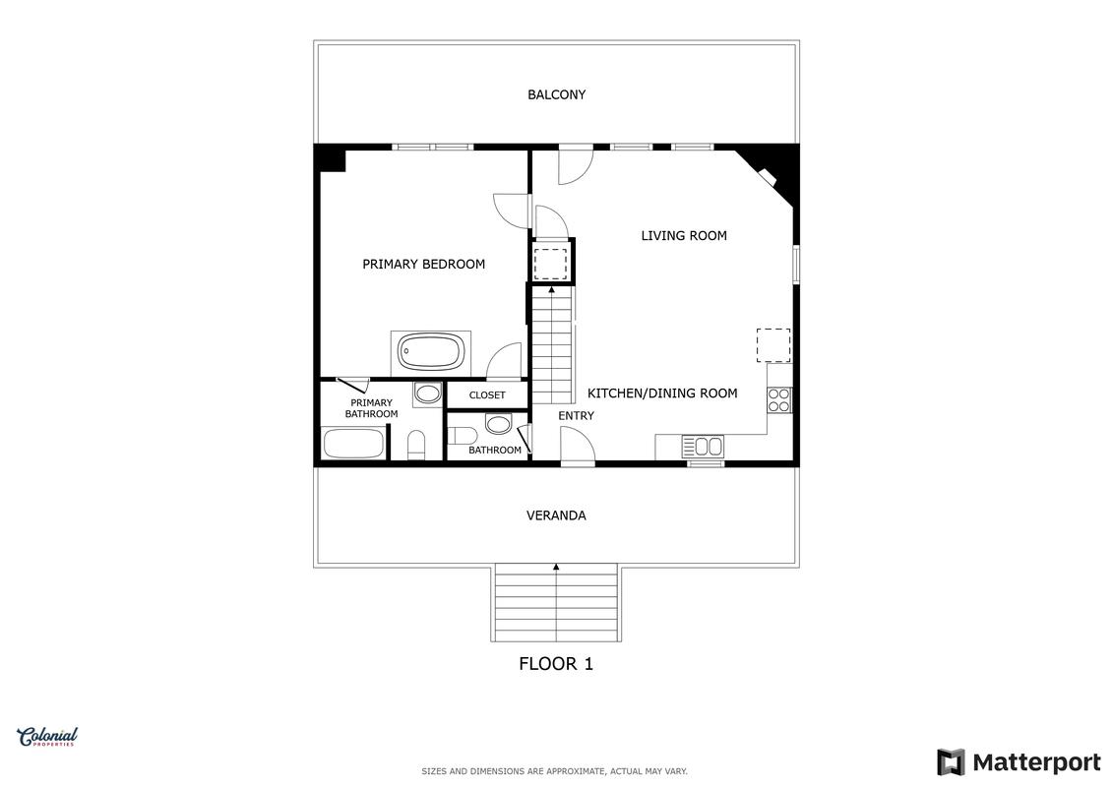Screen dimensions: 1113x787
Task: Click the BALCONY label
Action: pyautogui.click(x=556, y=94)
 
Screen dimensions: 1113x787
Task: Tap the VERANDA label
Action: pyautogui.click(x=556, y=515)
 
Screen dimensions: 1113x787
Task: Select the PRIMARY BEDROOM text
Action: pyautogui.click(x=424, y=264)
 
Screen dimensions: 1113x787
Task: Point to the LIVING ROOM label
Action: pyautogui.click(x=684, y=235)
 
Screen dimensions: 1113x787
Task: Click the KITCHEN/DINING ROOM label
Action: pyautogui.click(x=662, y=393)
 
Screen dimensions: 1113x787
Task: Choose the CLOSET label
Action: pyautogui.click(x=487, y=395)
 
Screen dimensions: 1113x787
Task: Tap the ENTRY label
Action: pyautogui.click(x=576, y=416)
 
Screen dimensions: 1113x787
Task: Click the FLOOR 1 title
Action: pyautogui.click(x=556, y=663)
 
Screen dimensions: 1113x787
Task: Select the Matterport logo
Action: pyautogui.click(x=1019, y=762)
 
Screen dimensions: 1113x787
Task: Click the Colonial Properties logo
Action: pyautogui.click(x=47, y=737)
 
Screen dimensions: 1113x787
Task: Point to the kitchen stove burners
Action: pyautogui.click(x=778, y=400)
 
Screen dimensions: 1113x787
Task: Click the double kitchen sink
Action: pyautogui.click(x=704, y=447)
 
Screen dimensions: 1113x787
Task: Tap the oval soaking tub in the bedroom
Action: pyautogui.click(x=431, y=352)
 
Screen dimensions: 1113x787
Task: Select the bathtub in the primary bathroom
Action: pyautogui.click(x=353, y=444)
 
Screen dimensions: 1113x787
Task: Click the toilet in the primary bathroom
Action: pyautogui.click(x=416, y=445)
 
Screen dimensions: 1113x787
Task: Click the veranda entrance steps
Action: pyautogui.click(x=556, y=602)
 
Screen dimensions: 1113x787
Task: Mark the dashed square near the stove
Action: pyautogui.click(x=773, y=345)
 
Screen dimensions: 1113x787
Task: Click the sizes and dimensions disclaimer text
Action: pyautogui.click(x=554, y=770)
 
